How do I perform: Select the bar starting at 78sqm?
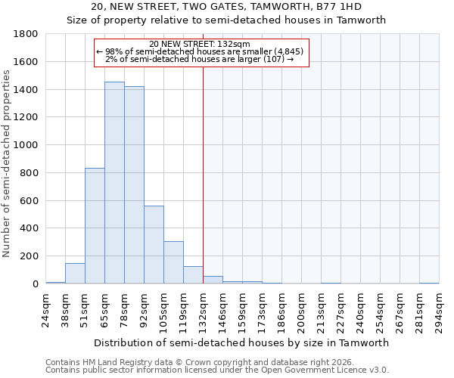pos(134,185)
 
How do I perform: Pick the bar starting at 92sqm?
pos(154,244)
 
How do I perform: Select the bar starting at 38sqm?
pos(75,274)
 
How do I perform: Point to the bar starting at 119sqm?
pos(193,275)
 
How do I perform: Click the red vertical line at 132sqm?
pos(203,174)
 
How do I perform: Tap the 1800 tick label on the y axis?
pos(26,34)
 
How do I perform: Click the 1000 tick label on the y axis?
pos(26,145)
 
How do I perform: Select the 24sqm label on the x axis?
pos(45,308)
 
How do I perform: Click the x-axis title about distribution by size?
pos(242,342)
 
